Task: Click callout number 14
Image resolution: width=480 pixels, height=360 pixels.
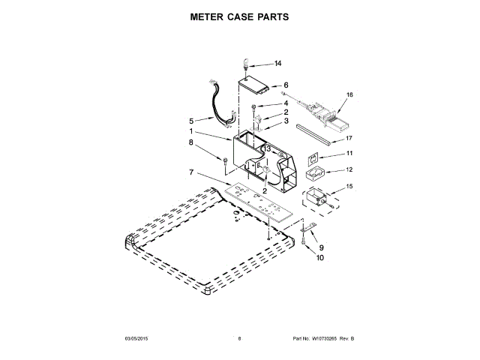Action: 277,64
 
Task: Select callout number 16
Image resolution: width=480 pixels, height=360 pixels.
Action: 349,95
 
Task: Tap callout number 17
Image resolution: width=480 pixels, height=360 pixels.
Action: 349,138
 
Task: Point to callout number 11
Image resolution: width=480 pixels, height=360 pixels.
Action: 349,154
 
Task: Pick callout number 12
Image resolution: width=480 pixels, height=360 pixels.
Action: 349,169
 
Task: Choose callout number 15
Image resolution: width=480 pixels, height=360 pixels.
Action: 349,186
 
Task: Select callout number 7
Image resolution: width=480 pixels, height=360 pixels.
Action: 191,172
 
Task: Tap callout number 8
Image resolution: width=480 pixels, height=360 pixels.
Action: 191,142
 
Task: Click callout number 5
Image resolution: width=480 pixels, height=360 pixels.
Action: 191,120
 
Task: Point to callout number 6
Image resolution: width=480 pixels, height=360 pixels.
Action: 286,85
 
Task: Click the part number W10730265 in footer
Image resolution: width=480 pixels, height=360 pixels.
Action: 316,339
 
